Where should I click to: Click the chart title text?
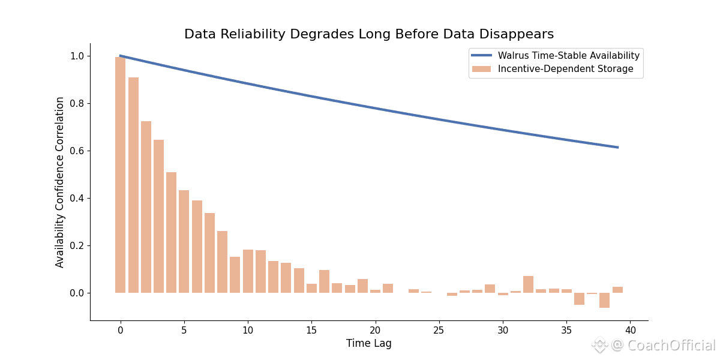(368, 34)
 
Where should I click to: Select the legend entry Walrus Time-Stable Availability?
(568, 56)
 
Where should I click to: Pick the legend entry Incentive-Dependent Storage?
(565, 69)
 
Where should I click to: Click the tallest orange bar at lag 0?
(121, 174)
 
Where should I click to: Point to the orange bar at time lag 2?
(146, 207)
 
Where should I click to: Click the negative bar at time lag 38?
(605, 300)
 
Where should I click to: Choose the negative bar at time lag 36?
(579, 299)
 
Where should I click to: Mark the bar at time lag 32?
(528, 284)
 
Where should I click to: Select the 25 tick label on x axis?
(439, 330)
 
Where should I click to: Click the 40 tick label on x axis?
(630, 330)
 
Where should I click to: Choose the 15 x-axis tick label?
(311, 330)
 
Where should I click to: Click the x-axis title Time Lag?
(368, 343)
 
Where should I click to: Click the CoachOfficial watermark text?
(671, 346)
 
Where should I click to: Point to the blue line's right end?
(617, 147)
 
